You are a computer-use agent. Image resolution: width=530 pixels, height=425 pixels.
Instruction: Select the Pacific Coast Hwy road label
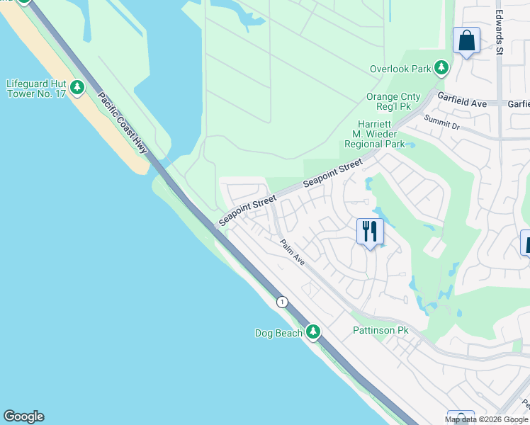(x=123, y=124)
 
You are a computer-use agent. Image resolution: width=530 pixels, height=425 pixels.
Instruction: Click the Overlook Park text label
(x=400, y=69)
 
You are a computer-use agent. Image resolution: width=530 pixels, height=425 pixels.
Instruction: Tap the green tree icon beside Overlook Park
(x=441, y=68)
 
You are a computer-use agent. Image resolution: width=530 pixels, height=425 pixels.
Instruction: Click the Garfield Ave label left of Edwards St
(x=462, y=103)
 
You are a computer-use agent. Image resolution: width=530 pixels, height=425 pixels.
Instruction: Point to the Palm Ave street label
(x=292, y=252)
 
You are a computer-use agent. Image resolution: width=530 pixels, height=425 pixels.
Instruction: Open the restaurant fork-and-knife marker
(x=369, y=232)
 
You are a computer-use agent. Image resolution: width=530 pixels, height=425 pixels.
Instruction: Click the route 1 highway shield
(x=283, y=302)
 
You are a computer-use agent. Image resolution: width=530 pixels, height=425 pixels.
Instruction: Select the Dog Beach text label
(x=278, y=333)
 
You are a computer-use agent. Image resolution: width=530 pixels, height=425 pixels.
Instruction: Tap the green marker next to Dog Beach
(x=312, y=331)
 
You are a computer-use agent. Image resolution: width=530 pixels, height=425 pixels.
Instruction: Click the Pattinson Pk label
(x=380, y=331)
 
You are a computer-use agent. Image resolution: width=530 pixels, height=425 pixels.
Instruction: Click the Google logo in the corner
(x=23, y=416)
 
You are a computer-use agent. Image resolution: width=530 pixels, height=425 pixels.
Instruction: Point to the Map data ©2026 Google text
(x=486, y=419)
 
